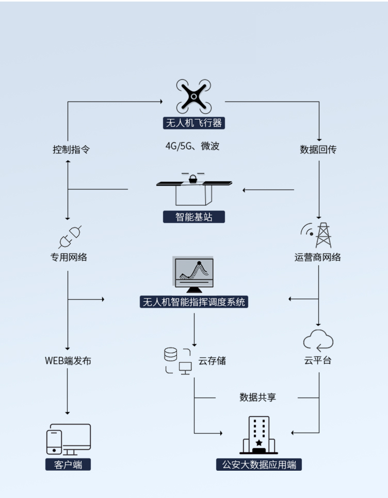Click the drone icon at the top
tap(193, 96)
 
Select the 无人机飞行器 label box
tap(194, 124)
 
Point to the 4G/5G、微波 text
tap(192, 146)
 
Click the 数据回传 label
tap(318, 150)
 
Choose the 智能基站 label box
tap(194, 217)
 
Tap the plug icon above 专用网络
tap(70, 236)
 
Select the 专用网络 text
tap(69, 257)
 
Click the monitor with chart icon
tap(194, 274)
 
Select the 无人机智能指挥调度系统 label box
tap(194, 302)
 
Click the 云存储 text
tap(212, 360)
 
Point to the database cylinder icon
tap(170, 354)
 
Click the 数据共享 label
tap(257, 398)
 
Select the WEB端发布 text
tap(68, 360)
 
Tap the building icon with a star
tap(258, 435)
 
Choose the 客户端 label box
tap(68, 465)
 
